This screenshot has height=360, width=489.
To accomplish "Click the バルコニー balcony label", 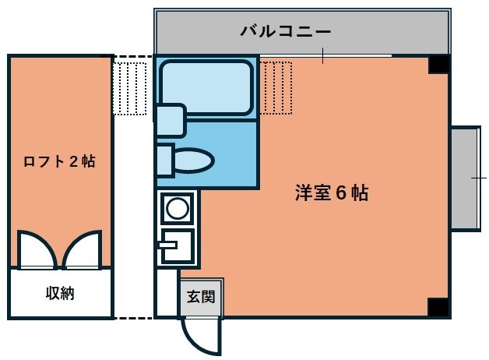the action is click(285, 31).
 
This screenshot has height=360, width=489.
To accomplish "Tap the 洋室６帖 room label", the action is click(332, 192).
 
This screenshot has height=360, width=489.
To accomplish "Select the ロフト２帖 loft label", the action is click(59, 161).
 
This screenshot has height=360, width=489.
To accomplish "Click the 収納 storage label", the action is click(60, 293).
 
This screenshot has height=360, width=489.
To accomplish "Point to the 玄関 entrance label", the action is click(201, 296).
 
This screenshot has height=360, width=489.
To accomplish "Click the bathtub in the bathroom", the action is click(206, 88).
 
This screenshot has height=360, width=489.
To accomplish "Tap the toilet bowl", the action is click(193, 161).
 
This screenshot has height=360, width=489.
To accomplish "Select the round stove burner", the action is click(177, 208).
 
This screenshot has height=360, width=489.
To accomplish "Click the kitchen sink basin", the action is click(177, 245).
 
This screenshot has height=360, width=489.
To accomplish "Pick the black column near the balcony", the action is click(439, 65).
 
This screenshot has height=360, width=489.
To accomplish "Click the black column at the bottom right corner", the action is click(438, 308).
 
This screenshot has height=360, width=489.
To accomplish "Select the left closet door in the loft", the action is click(37, 249).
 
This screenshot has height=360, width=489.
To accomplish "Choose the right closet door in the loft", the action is click(83, 249).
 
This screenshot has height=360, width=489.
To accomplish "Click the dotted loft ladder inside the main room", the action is click(276, 88).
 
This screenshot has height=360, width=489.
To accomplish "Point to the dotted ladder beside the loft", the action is click(130, 89).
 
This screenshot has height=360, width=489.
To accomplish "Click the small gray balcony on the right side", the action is click(465, 178).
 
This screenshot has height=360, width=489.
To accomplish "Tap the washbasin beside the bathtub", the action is click(171, 121).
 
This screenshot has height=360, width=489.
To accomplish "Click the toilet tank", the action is click(164, 161).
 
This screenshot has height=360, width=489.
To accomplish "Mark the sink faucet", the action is click(168, 245).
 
